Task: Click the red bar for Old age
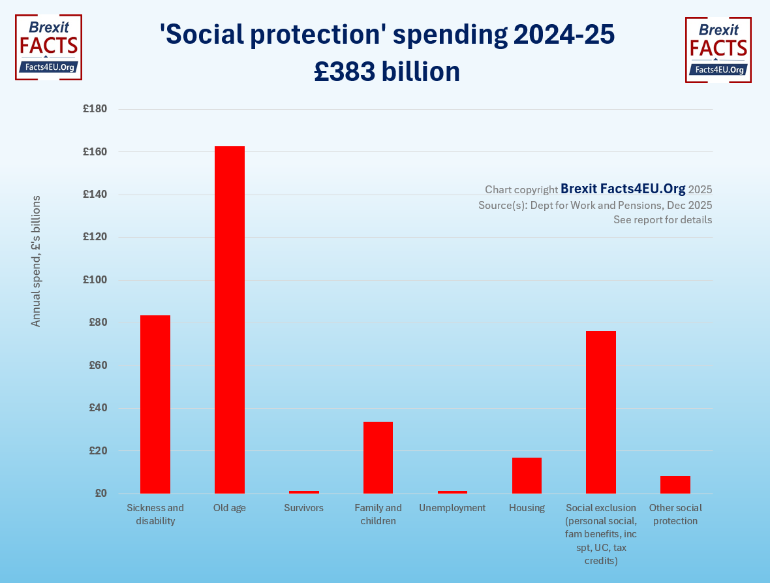pos(230,319)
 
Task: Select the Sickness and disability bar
pos(155,404)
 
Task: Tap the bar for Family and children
pos(378,457)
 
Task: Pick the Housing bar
pos(527,475)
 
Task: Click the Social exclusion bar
pos(601,412)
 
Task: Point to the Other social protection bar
pos(675,484)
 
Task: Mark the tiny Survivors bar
pos(304,492)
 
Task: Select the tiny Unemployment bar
pos(452,492)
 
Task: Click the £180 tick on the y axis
pos(95,109)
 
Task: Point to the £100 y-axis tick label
pos(95,280)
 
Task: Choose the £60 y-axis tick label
pos(97,366)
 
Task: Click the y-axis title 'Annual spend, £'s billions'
pos(36,260)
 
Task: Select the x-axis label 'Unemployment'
pos(452,508)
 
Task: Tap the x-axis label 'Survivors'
pos(304,508)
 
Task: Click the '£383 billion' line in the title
pos(387,72)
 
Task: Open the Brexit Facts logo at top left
pos(48,47)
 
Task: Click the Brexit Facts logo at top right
pos(718,50)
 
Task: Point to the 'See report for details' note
pos(662,220)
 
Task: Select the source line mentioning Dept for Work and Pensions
pos(594,205)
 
